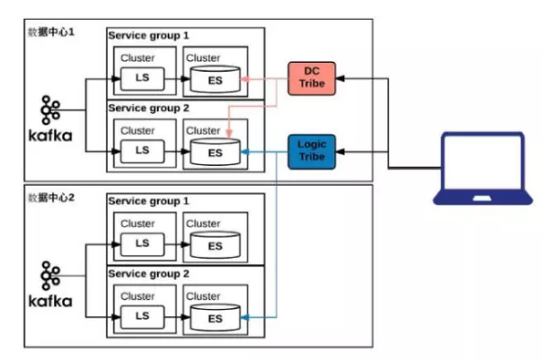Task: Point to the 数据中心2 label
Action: pyautogui.click(x=51, y=197)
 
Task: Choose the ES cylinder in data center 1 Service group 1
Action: pyautogui.click(x=216, y=80)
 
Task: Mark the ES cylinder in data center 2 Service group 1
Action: pyautogui.click(x=216, y=244)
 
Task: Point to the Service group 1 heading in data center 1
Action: pyautogui.click(x=149, y=35)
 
